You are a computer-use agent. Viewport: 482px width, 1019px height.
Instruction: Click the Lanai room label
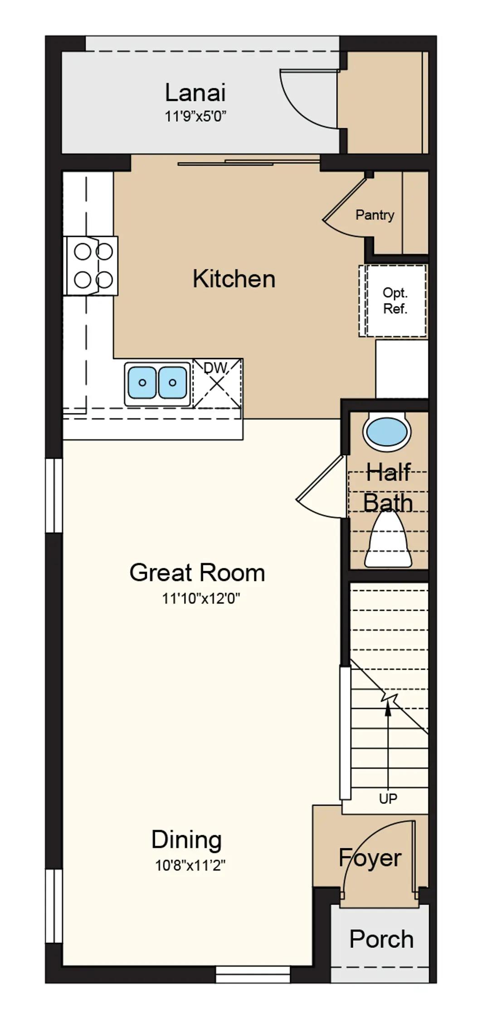[x=195, y=93]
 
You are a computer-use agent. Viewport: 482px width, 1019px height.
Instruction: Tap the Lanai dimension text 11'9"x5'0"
[x=195, y=116]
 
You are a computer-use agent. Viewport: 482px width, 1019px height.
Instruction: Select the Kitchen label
[x=234, y=279]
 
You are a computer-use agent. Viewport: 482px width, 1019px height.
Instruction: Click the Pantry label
[x=375, y=215]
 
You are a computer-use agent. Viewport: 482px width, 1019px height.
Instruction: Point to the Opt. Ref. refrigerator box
[x=393, y=301]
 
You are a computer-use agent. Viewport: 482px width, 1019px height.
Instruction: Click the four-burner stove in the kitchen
[x=93, y=266]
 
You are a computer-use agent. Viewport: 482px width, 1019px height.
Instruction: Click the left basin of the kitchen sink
[x=142, y=382]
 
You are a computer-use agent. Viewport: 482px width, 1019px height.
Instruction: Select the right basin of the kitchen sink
[x=172, y=382]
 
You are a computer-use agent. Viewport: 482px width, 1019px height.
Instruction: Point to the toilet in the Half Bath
[x=388, y=539]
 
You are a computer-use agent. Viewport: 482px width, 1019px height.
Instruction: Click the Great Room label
[x=197, y=572]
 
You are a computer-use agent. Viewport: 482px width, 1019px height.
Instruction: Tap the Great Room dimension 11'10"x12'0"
[x=201, y=599]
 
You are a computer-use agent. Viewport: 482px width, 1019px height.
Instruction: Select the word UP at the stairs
[x=388, y=798]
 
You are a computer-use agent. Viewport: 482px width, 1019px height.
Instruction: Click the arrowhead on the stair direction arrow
[x=388, y=709]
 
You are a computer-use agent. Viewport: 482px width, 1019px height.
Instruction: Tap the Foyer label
[x=370, y=859]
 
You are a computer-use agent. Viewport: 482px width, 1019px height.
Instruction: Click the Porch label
[x=381, y=939]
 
